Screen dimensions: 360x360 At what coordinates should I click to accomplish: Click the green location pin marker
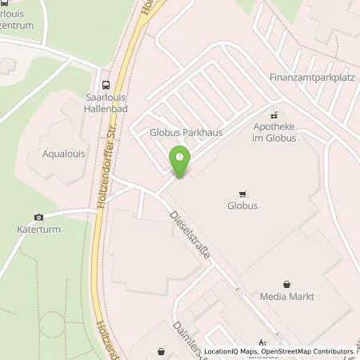(x=180, y=162)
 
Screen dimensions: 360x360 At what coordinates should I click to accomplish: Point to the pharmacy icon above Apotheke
(x=274, y=114)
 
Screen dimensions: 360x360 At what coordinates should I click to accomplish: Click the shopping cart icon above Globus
(x=242, y=193)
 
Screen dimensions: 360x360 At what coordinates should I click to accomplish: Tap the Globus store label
(x=243, y=206)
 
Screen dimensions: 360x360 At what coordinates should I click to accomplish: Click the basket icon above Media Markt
(x=287, y=283)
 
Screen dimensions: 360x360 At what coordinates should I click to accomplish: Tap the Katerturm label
(x=38, y=230)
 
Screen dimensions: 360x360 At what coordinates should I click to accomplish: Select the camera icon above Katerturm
(x=38, y=217)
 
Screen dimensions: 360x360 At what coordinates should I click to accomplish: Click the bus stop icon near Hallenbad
(x=106, y=84)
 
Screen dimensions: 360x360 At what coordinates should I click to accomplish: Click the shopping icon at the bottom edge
(x=162, y=350)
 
